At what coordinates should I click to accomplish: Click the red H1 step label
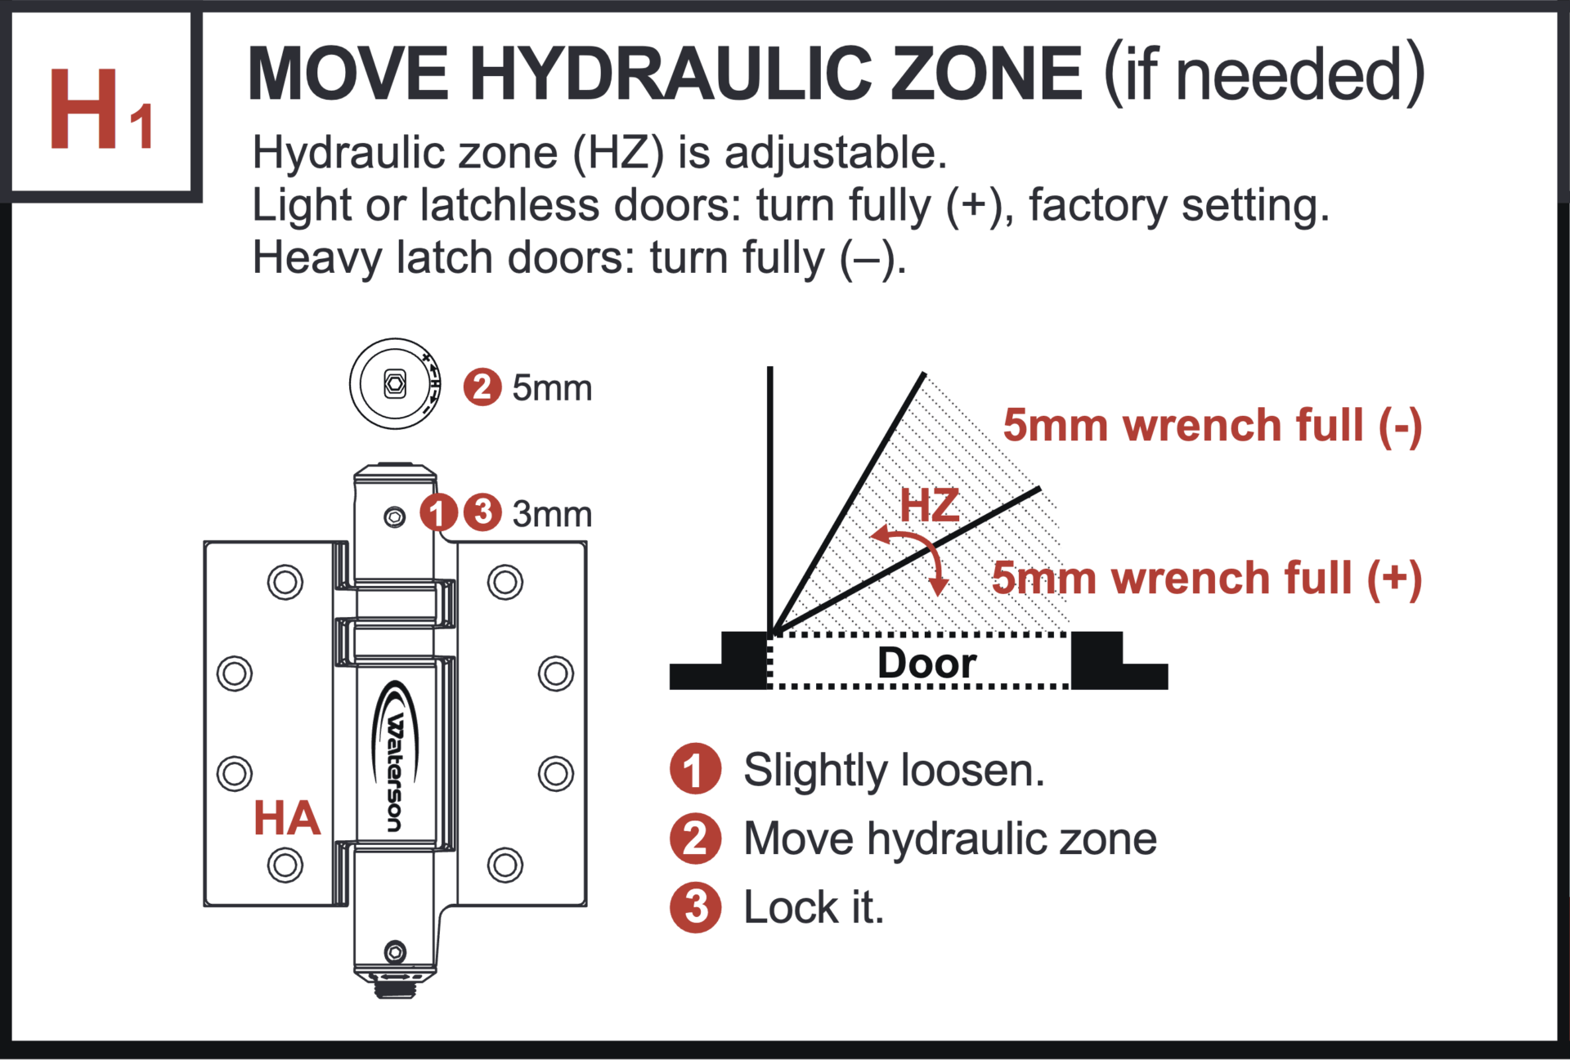[x=100, y=109]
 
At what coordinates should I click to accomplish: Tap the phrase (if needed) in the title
[x=1264, y=74]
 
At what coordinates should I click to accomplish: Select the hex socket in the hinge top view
[x=395, y=383]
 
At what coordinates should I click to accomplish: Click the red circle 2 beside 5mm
[x=482, y=387]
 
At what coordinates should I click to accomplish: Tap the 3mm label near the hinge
[x=552, y=514]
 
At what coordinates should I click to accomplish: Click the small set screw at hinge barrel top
[x=395, y=517]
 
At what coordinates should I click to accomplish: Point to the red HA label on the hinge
[x=286, y=818]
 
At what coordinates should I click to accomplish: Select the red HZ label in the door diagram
[x=930, y=505]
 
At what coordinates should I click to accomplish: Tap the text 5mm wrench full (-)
[x=1212, y=425]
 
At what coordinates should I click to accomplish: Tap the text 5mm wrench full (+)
[x=1207, y=578]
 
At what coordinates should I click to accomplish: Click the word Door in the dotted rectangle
[x=926, y=662]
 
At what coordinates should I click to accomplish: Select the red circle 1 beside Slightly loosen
[x=695, y=769]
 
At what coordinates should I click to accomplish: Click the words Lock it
[x=814, y=907]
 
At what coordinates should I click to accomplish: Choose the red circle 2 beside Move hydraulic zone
[x=695, y=839]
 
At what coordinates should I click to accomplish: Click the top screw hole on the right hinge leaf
[x=505, y=583]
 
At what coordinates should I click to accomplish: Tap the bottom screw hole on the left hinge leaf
[x=285, y=865]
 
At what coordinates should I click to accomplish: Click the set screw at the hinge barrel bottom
[x=395, y=951]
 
